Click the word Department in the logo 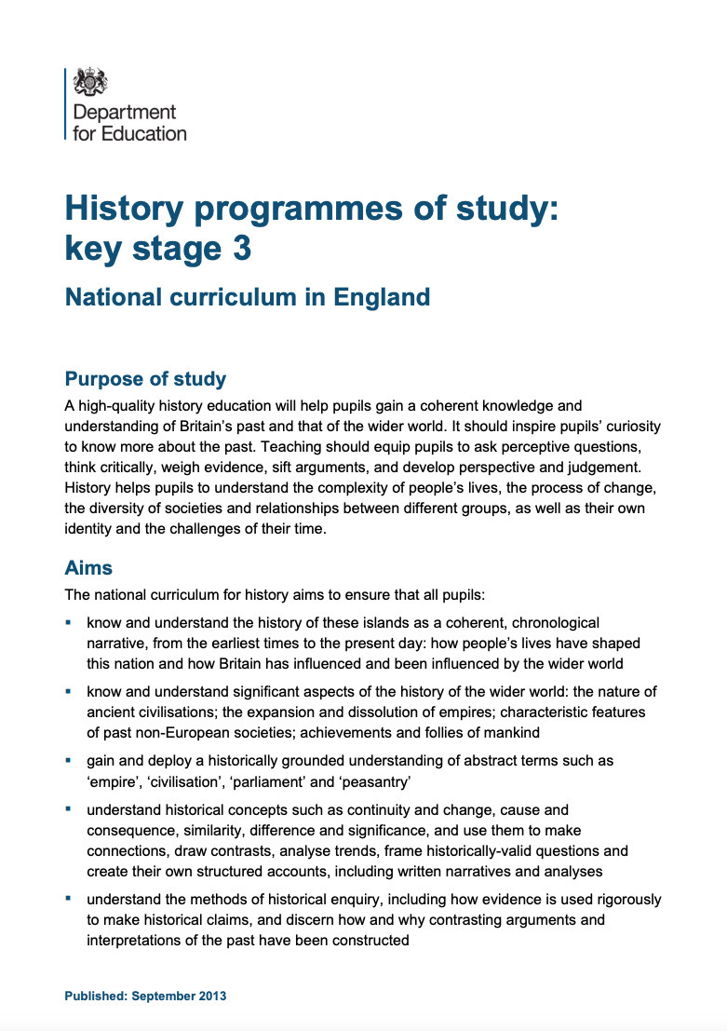pos(124,113)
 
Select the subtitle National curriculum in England pos(247,297)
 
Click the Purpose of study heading pos(145,379)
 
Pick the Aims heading pos(88,567)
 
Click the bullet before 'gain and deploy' pos(69,760)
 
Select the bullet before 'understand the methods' pos(69,899)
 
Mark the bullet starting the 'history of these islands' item pos(69,621)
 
